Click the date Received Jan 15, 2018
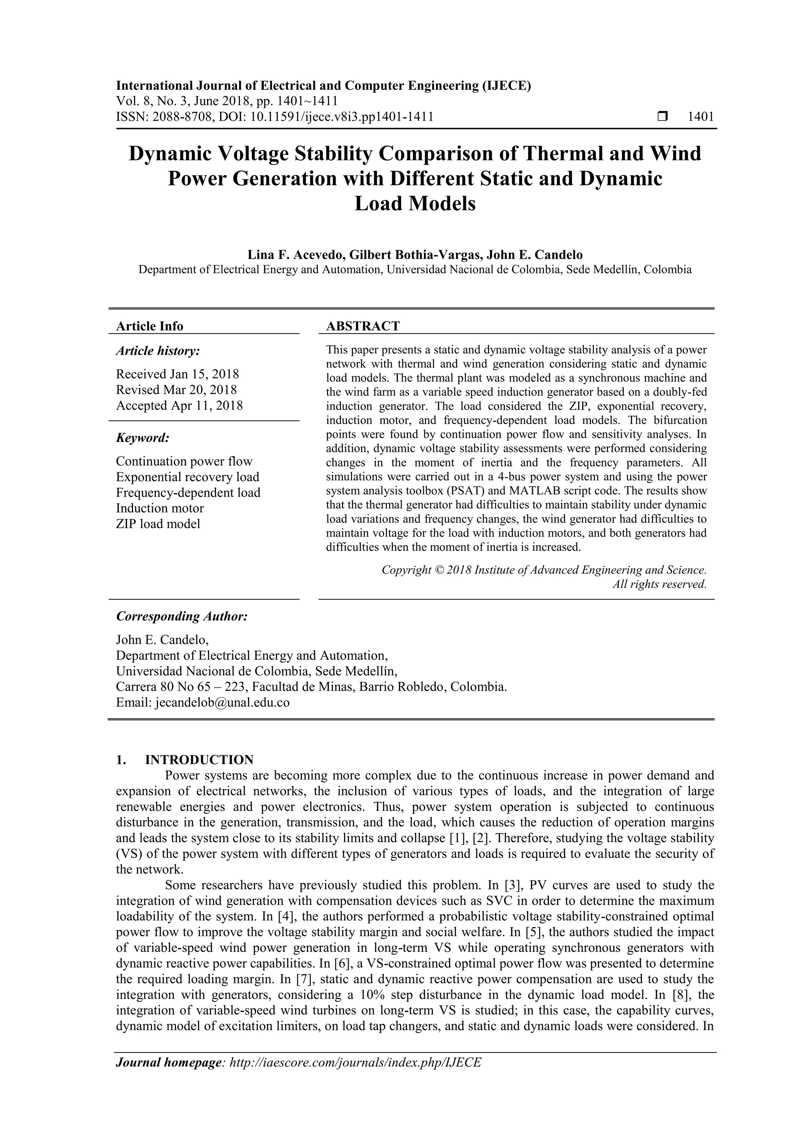coord(177,374)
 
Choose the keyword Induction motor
coord(160,508)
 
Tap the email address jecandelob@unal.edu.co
coord(223,702)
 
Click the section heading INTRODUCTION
coord(199,760)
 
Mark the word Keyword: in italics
coord(143,438)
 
